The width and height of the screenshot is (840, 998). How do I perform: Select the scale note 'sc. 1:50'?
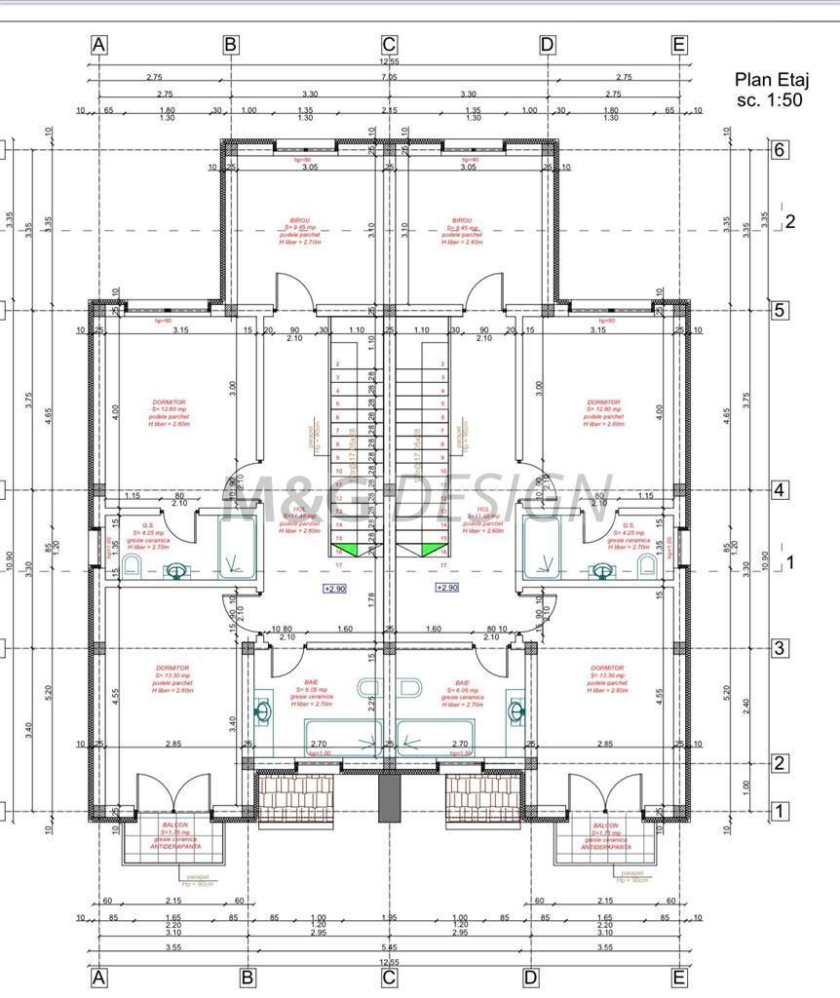tap(770, 99)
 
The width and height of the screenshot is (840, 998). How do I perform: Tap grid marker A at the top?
tap(98, 44)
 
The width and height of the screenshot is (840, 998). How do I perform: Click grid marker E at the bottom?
tap(679, 976)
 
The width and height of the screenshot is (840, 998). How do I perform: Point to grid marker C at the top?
tap(389, 44)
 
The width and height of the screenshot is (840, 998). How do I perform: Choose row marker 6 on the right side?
tap(779, 150)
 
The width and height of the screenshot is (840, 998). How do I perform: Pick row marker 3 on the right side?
tap(779, 648)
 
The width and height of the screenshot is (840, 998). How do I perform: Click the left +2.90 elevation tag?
tap(335, 589)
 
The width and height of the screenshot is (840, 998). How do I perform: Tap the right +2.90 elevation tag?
tap(446, 588)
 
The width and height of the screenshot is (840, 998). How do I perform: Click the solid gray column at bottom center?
tap(389, 797)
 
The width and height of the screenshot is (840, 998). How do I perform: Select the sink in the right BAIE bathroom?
tap(515, 710)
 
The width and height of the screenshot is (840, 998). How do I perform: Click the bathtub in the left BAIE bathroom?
tap(343, 736)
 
